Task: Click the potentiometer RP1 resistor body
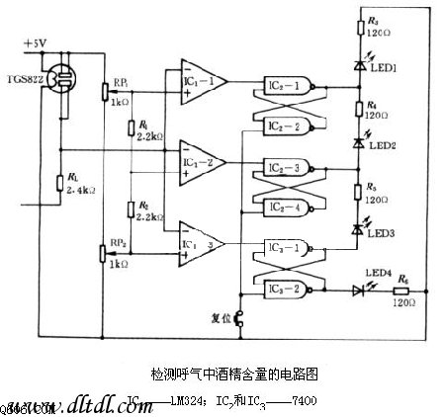[104, 90]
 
